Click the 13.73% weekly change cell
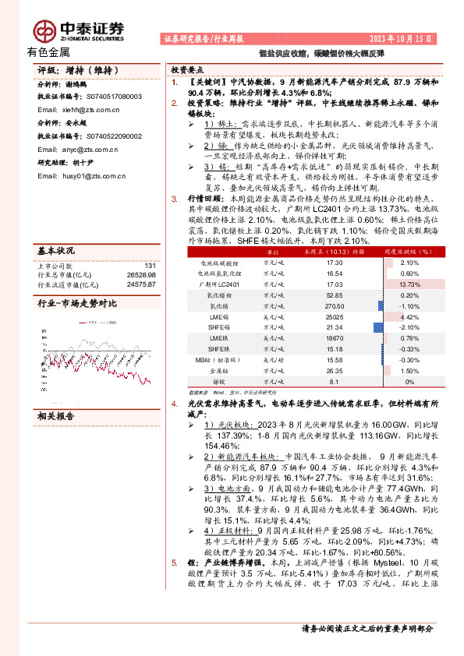pos(409,285)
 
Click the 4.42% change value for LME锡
pos(409,318)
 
